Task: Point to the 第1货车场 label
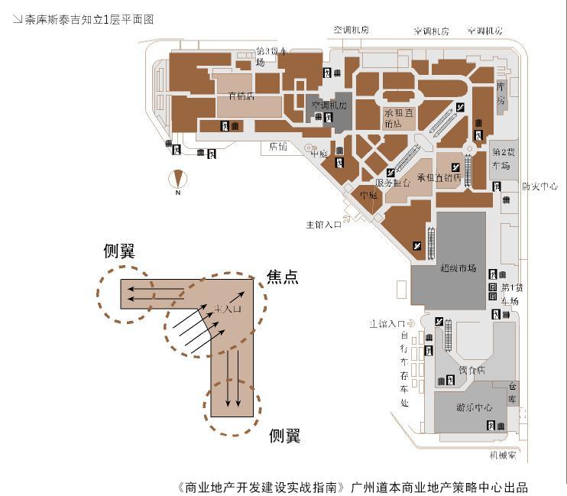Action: (509, 294)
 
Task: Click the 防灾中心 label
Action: (539, 186)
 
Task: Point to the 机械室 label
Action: (502, 455)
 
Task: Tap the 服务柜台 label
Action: (394, 183)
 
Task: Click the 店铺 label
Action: (278, 146)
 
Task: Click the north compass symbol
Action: (178, 180)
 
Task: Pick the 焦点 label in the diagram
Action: (282, 277)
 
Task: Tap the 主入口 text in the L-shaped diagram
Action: (228, 309)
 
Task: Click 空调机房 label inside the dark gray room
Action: (329, 105)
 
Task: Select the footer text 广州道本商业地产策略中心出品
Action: (439, 487)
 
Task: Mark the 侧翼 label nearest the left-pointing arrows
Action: (120, 251)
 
